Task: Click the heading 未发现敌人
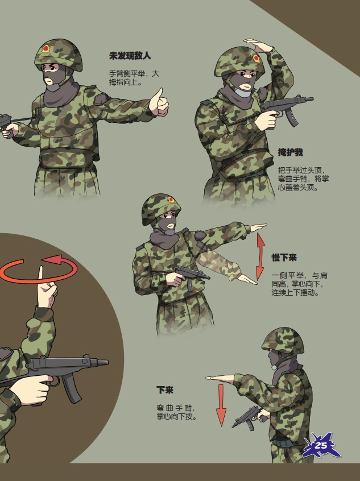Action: [130, 56]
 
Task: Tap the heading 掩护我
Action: [290, 152]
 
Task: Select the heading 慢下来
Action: [284, 258]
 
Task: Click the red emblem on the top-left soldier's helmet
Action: [45, 49]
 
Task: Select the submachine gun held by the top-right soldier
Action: [287, 107]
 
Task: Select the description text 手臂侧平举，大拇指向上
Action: [134, 78]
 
